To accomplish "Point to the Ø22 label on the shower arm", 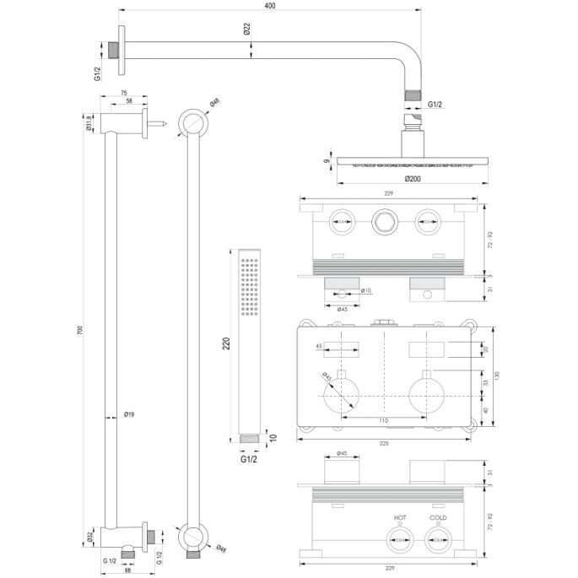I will pos(246,29).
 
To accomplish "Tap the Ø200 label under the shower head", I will pos(412,179).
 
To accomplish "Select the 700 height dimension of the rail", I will pos(80,331).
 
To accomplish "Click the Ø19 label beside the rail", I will pos(129,414).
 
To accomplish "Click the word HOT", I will pos(399,517).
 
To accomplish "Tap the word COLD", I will pos(437,517).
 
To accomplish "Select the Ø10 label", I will pos(366,291).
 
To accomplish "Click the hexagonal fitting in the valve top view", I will pos(383,223).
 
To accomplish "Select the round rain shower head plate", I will pos(411,160).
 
